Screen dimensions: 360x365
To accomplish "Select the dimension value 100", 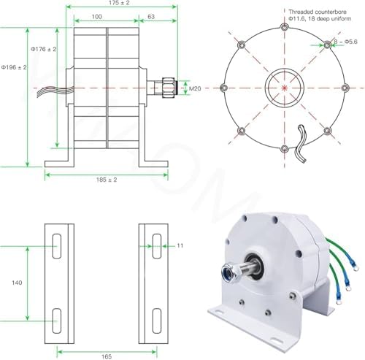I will pyautogui.click(x=96, y=15).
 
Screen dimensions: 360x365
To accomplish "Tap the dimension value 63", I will pyautogui.click(x=150, y=15).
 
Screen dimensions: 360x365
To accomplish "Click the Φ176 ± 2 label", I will pyautogui.click(x=44, y=49).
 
